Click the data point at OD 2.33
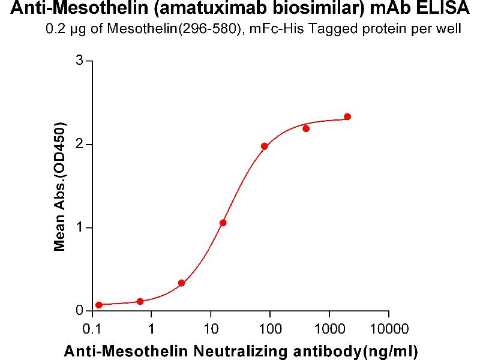pyautogui.click(x=347, y=116)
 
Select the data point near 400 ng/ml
pyautogui.click(x=306, y=128)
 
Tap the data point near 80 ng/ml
pyautogui.click(x=265, y=146)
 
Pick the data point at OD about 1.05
pyautogui.click(x=223, y=223)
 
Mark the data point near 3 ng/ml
pyautogui.click(x=182, y=283)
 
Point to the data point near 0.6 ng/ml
pyautogui.click(x=140, y=301)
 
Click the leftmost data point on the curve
pyautogui.click(x=99, y=305)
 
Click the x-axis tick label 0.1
pyautogui.click(x=92, y=329)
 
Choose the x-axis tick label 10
pyautogui.click(x=211, y=329)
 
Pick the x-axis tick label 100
pyautogui.click(x=270, y=329)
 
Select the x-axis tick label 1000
pyautogui.click(x=329, y=329)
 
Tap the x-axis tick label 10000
pyautogui.click(x=388, y=329)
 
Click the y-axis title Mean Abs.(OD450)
pyautogui.click(x=59, y=187)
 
